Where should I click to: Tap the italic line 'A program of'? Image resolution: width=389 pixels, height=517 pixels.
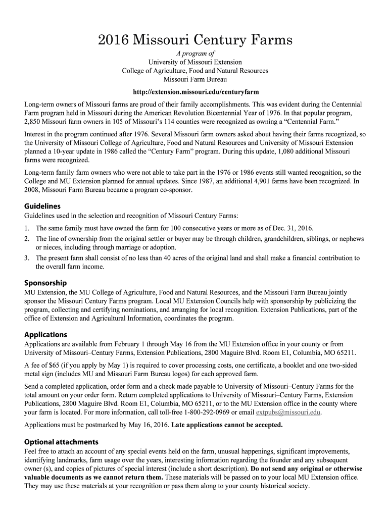point(195,54)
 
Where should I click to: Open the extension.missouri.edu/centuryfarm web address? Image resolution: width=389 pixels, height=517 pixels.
point(195,92)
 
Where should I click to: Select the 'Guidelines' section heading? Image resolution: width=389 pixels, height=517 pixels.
point(42,206)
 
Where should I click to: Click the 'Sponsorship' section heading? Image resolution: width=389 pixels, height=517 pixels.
point(45,283)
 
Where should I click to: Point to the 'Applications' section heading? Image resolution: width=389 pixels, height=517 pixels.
point(45,334)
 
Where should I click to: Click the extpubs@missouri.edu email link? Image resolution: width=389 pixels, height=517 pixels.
point(288,412)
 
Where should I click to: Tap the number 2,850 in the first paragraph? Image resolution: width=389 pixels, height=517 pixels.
point(33,122)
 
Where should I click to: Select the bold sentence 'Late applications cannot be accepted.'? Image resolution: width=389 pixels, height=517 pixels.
point(227,425)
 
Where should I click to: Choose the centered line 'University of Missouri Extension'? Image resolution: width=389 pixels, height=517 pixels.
point(195,62)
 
